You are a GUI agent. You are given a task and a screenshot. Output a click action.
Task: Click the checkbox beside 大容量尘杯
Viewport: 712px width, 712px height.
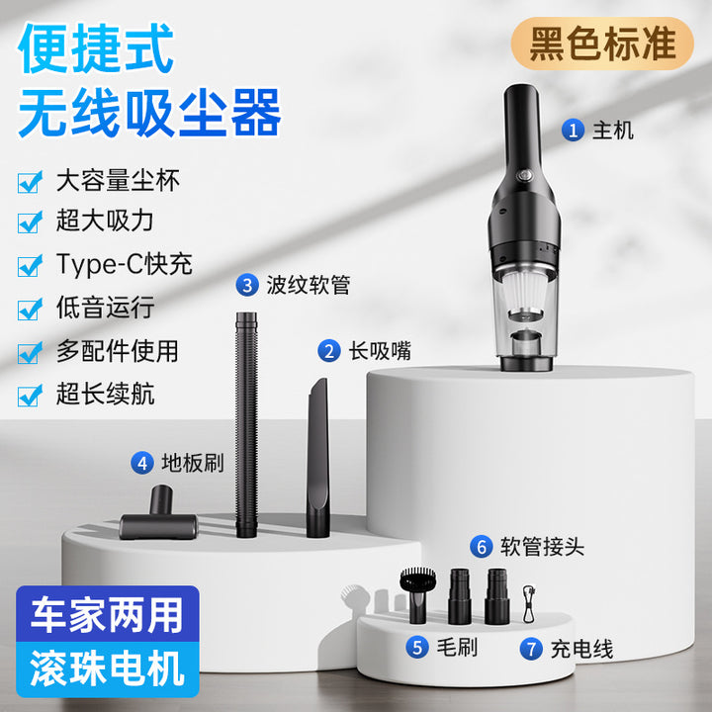pyautogui.click(x=30, y=182)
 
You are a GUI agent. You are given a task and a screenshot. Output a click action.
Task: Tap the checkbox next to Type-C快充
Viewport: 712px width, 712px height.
pyautogui.click(x=30, y=266)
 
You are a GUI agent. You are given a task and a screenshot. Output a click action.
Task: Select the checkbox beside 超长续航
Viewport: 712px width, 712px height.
pyautogui.click(x=30, y=395)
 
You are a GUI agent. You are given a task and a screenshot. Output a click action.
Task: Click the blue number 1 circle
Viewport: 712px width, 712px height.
pyautogui.click(x=573, y=130)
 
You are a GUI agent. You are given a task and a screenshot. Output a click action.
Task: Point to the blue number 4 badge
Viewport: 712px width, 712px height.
pyautogui.click(x=142, y=463)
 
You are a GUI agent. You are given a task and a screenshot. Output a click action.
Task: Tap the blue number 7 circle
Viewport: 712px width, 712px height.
pyautogui.click(x=531, y=649)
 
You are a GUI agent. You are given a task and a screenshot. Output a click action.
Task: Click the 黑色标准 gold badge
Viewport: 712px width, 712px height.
pyautogui.click(x=602, y=44)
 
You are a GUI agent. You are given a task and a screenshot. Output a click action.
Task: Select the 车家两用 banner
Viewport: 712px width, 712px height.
pyautogui.click(x=108, y=614)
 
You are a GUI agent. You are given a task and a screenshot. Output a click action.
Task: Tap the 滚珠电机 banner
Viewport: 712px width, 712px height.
pyautogui.click(x=108, y=669)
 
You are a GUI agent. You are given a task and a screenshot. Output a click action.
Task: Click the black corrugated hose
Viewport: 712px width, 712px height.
pyautogui.click(x=246, y=424)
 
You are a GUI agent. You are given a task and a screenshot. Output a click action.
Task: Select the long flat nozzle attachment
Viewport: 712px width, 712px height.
pyautogui.click(x=317, y=458)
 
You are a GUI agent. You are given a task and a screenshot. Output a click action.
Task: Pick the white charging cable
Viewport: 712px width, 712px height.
pyautogui.click(x=529, y=603)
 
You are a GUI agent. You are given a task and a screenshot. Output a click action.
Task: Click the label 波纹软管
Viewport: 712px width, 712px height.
pyautogui.click(x=309, y=285)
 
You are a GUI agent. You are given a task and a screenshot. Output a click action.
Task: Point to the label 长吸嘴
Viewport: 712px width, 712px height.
pyautogui.click(x=380, y=351)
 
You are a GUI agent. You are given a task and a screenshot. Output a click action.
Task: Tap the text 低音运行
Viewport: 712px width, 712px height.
pyautogui.click(x=106, y=308)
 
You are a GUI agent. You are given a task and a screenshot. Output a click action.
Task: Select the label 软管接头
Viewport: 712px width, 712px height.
pyautogui.click(x=542, y=546)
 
